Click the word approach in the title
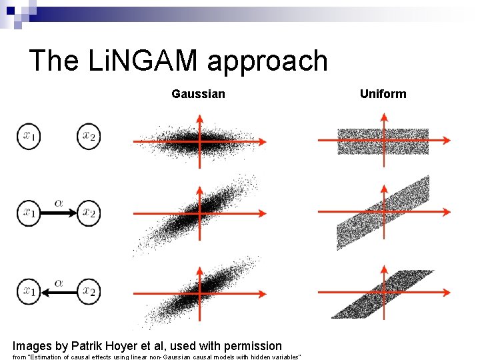[267, 62]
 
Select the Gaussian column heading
[198, 94]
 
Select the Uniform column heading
[383, 94]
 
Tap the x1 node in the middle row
[29, 213]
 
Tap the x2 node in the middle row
[89, 213]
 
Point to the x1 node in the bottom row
[29, 291]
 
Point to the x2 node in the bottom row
[89, 291]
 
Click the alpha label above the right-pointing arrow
[59, 203]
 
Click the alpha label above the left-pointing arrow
[59, 282]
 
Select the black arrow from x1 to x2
[59, 213]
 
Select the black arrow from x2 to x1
[59, 291]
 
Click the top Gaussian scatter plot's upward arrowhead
[199, 119]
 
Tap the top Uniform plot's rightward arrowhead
[445, 141]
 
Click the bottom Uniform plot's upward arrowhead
[384, 269]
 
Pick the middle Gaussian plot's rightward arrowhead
[262, 213]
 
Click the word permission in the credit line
[254, 345]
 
